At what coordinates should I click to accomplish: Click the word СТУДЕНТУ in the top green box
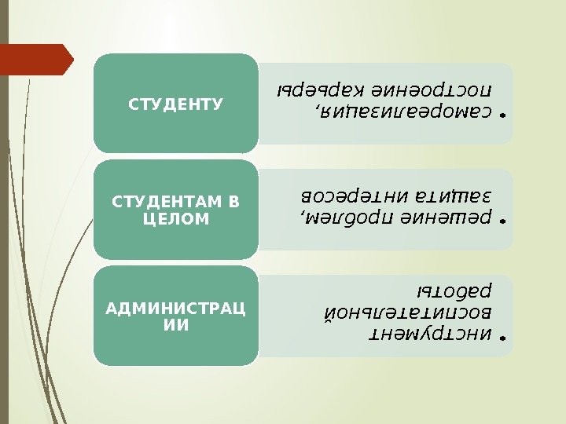(x=176, y=103)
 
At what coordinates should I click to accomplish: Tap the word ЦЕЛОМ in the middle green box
(x=176, y=219)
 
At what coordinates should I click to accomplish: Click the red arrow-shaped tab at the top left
(x=36, y=60)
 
